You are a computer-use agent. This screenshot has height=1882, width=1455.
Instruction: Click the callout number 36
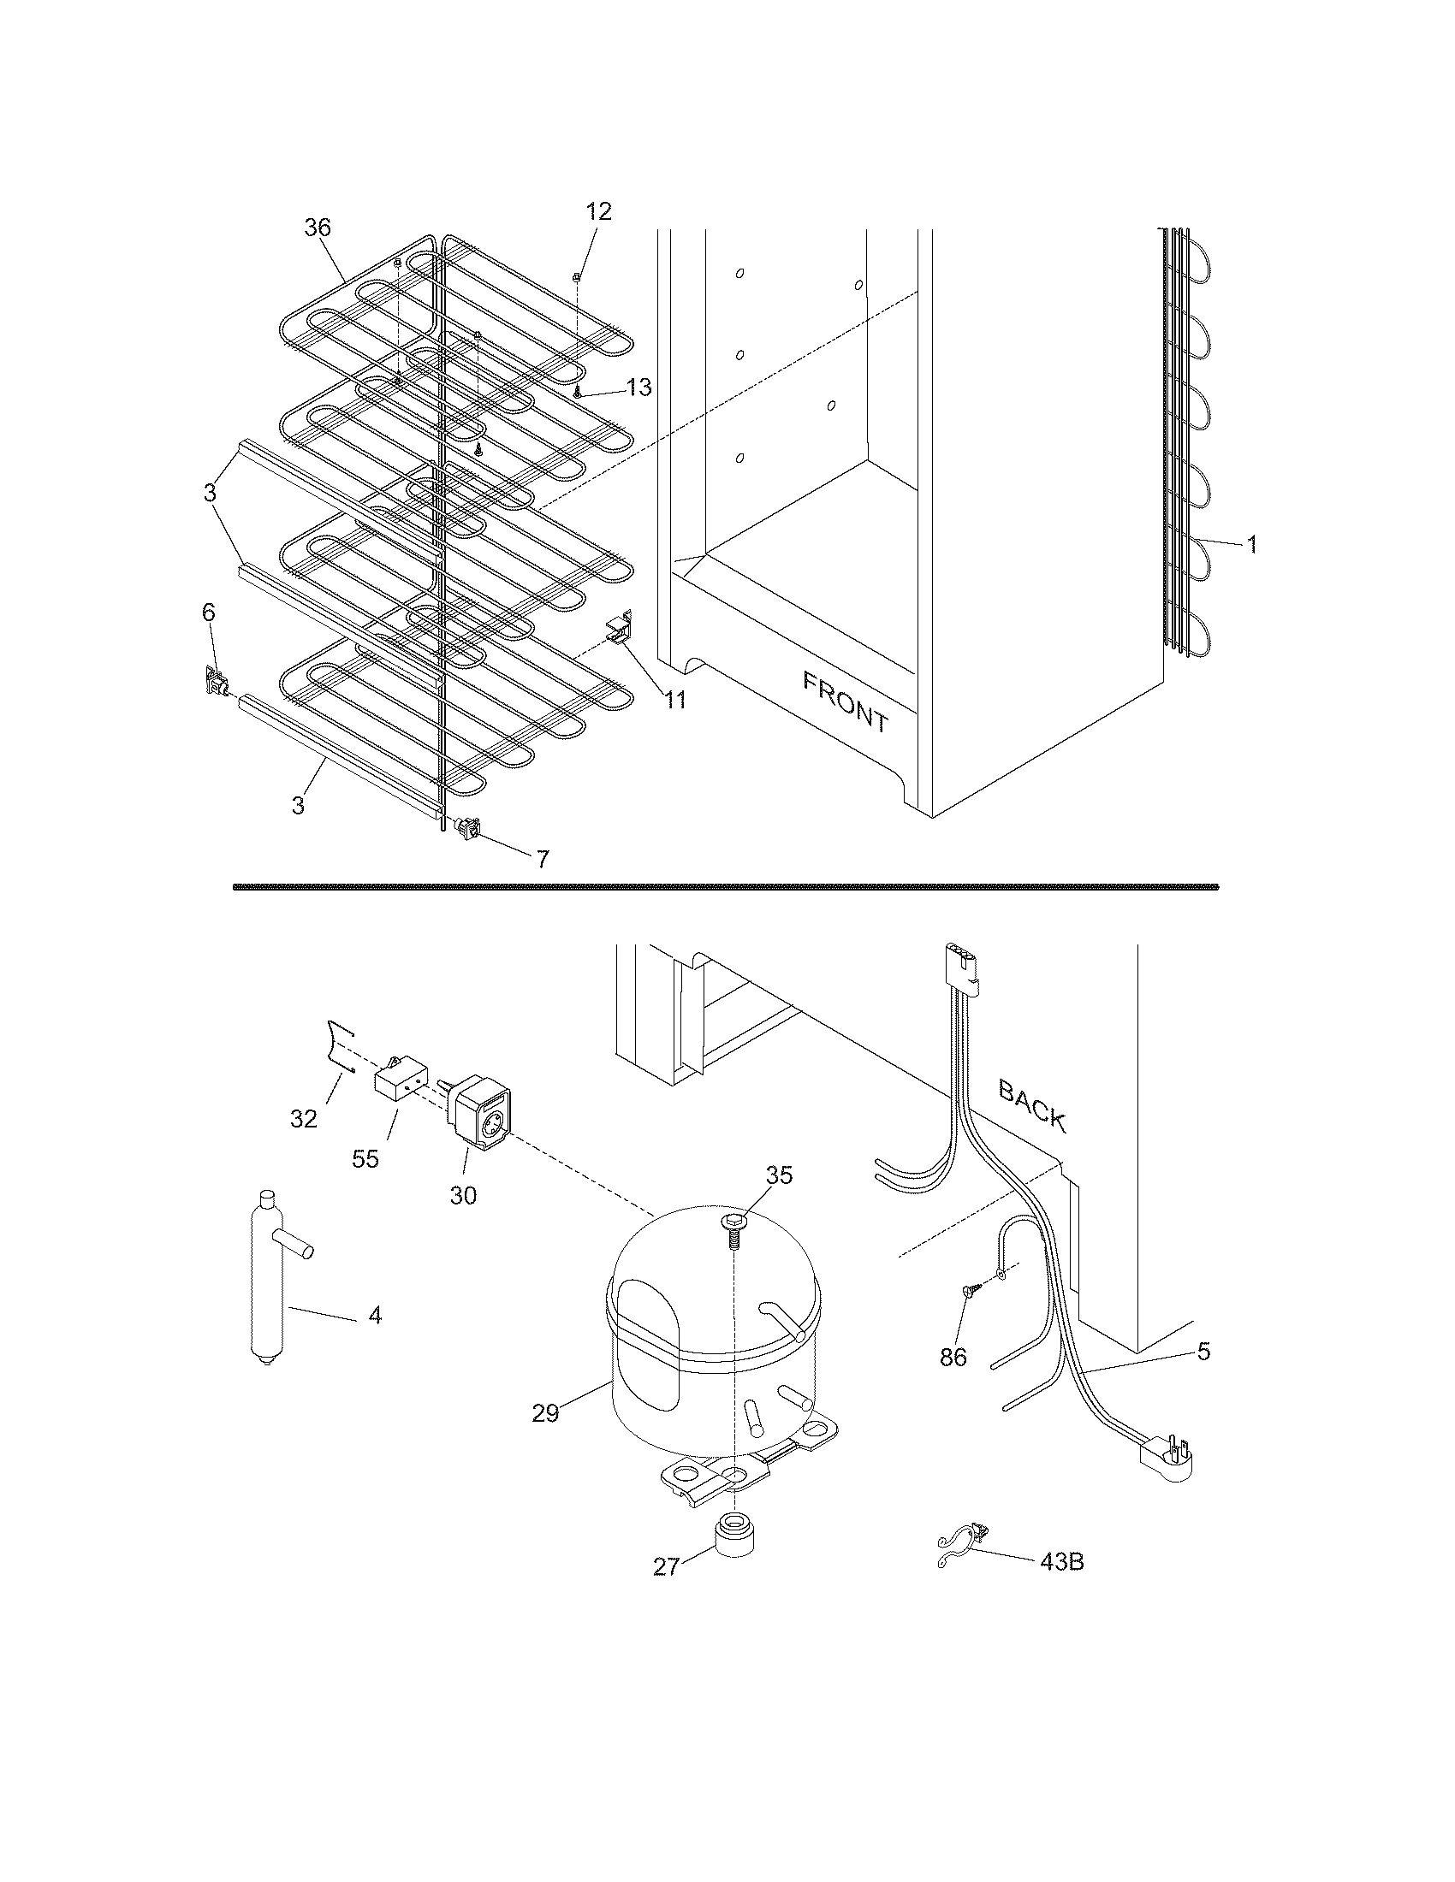[318, 228]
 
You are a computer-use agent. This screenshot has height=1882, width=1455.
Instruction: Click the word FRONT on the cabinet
[845, 702]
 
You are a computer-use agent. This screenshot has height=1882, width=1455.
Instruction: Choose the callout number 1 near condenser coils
[1250, 544]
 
